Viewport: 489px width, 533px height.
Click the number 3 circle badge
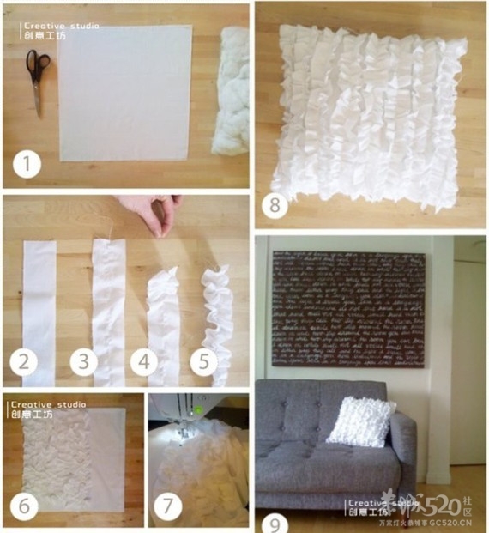pyautogui.click(x=84, y=362)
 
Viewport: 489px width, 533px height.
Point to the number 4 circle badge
pyautogui.click(x=143, y=362)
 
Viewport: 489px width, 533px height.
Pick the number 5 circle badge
pyautogui.click(x=203, y=362)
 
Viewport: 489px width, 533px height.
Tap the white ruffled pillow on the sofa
pyautogui.click(x=361, y=421)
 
